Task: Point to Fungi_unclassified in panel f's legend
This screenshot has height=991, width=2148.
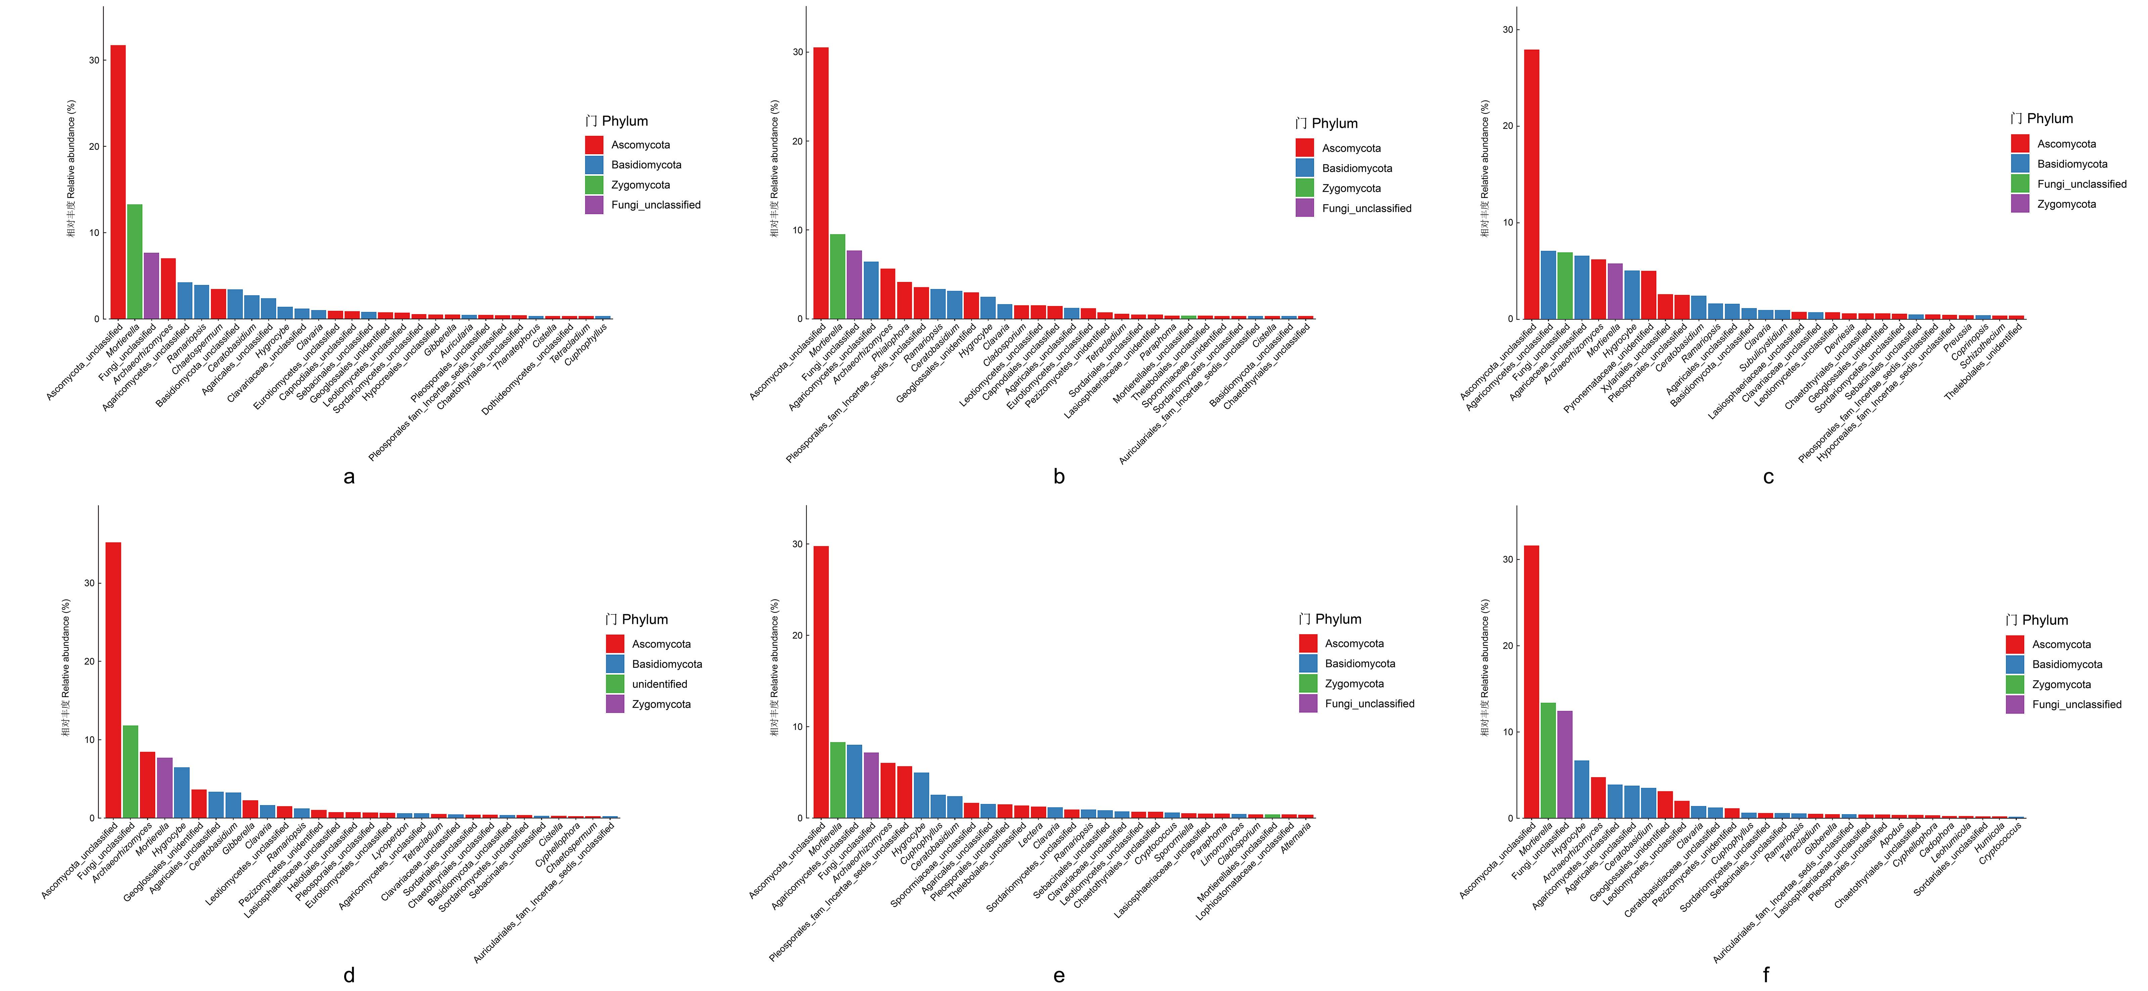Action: (x=2076, y=704)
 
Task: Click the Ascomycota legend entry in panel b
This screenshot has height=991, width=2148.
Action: (x=1351, y=148)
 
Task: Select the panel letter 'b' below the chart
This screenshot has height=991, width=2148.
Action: (x=1059, y=477)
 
